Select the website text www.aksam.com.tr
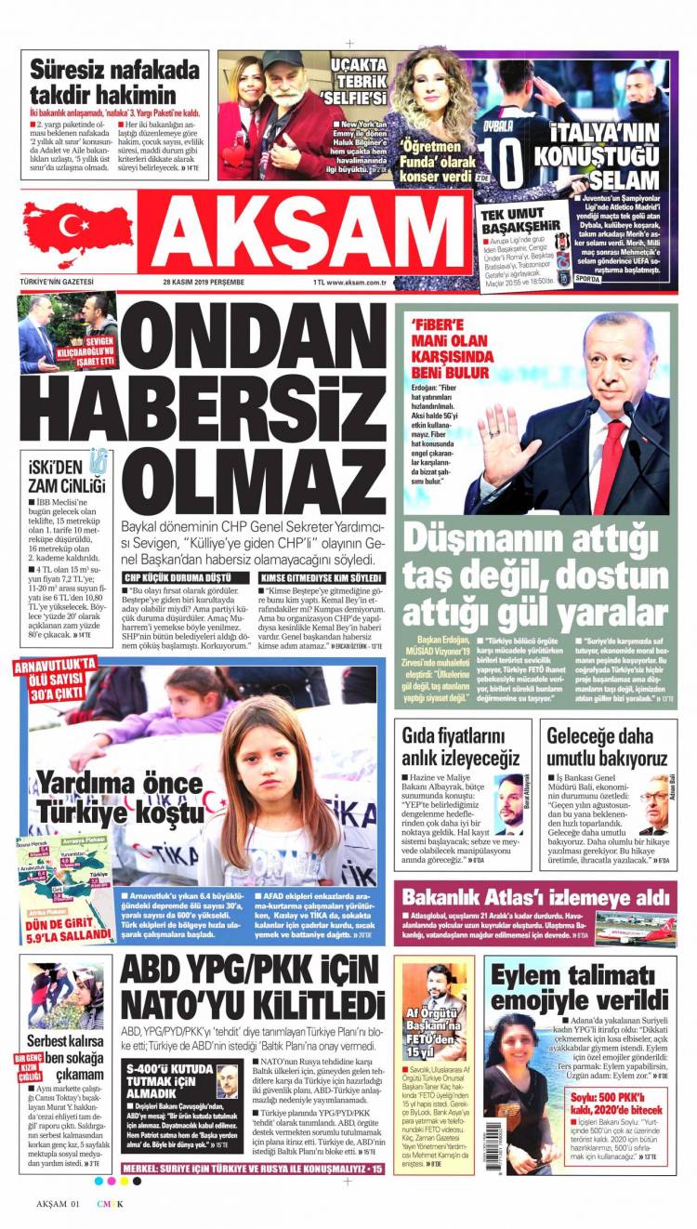pos(352,282)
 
